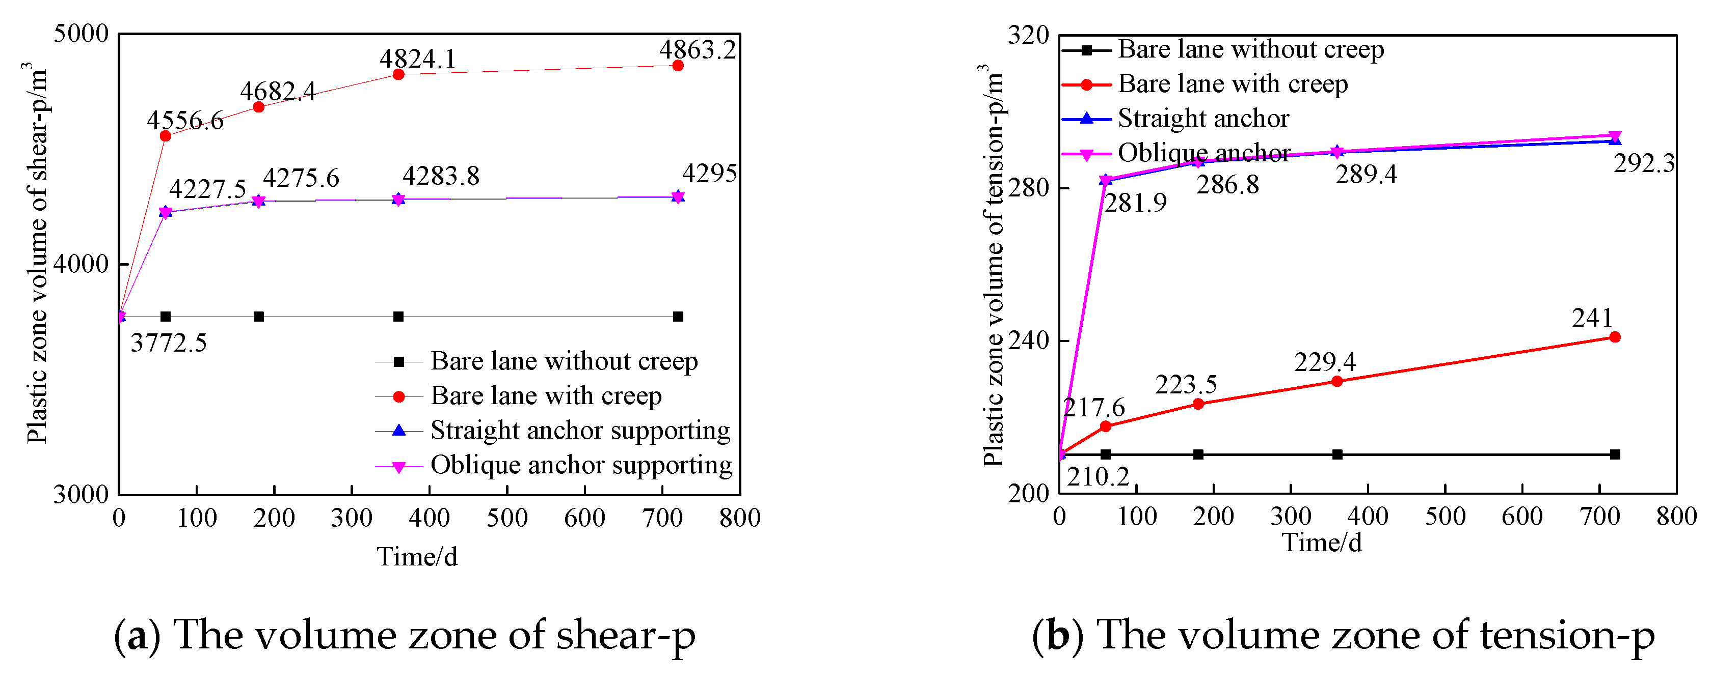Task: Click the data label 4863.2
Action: (697, 50)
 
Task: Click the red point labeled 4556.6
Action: (166, 136)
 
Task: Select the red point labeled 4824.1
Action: (398, 74)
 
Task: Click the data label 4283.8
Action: (441, 176)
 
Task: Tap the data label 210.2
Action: (1098, 476)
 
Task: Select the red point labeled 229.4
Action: (1337, 381)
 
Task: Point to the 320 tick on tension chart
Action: (1028, 35)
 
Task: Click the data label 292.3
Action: (1644, 163)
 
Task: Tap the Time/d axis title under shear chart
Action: (417, 556)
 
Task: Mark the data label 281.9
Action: (1135, 203)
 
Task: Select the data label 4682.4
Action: (278, 92)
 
